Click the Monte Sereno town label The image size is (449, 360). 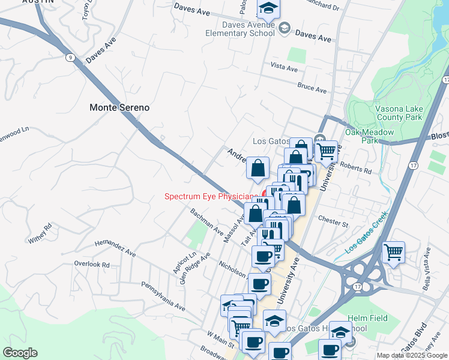(119, 107)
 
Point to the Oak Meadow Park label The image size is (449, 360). (369, 136)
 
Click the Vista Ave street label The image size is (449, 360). (285, 67)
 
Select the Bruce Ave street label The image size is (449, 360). (312, 88)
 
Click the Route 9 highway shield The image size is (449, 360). (71, 58)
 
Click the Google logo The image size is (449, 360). (20, 353)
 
